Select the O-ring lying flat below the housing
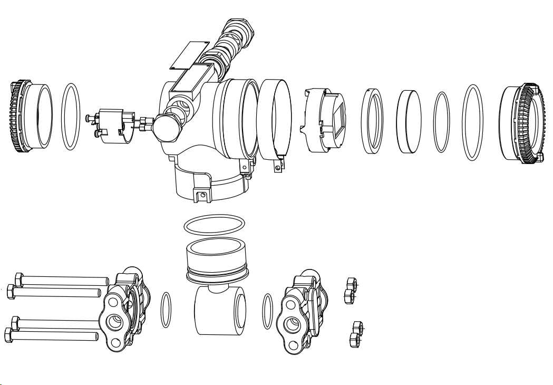click(x=215, y=225)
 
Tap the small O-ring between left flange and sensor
click(x=166, y=310)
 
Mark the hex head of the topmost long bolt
click(x=17, y=278)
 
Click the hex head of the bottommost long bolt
click(x=9, y=334)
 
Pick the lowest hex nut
click(x=354, y=341)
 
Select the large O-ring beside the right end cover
click(x=472, y=122)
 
